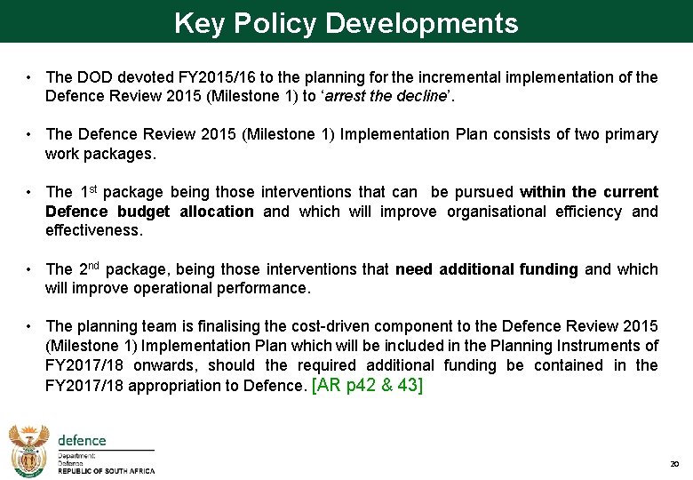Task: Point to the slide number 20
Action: pos(674,465)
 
